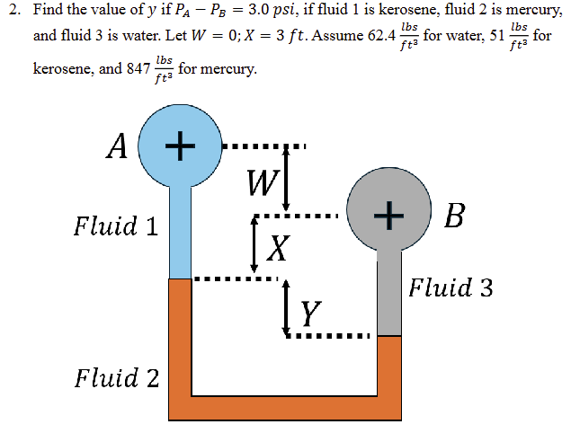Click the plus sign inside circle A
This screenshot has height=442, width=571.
(180, 144)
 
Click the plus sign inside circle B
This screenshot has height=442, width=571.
(388, 214)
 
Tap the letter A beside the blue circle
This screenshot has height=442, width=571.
(116, 146)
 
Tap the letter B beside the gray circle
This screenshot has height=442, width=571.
(456, 216)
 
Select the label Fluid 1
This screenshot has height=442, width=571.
(116, 225)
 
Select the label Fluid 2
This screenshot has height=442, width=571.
(117, 376)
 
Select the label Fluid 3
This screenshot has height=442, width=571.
(451, 287)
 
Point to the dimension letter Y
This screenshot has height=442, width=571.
(310, 313)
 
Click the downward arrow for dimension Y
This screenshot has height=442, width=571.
(287, 310)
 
